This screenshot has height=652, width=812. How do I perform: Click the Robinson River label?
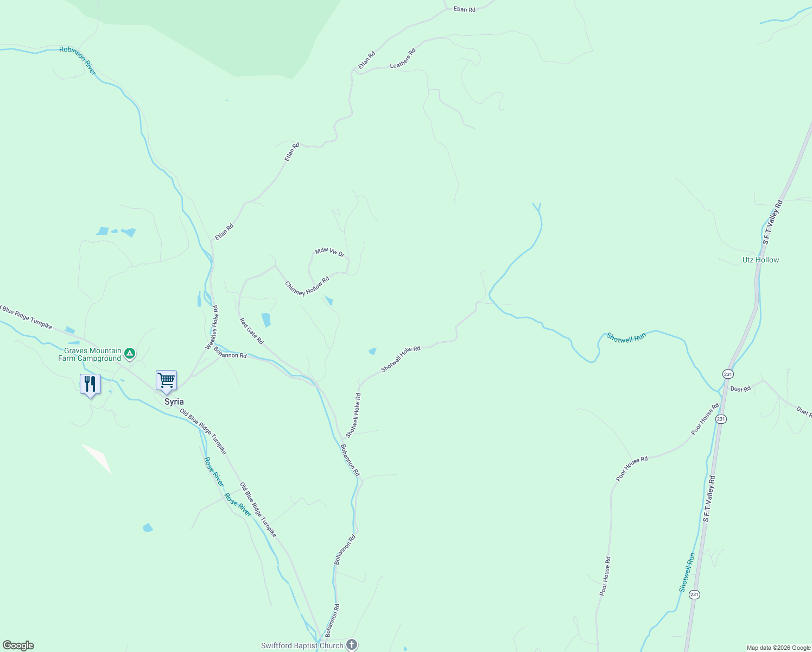tap(78, 60)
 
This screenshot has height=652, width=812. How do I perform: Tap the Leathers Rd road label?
tap(403, 59)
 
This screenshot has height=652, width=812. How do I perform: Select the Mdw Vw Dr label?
tap(330, 252)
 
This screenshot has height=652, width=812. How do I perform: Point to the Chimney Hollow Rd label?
tap(307, 286)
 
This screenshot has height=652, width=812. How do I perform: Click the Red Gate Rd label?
tap(251, 331)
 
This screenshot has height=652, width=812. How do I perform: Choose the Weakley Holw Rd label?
tap(212, 327)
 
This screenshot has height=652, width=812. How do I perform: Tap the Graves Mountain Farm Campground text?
tap(90, 355)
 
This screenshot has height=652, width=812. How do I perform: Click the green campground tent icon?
tap(129, 354)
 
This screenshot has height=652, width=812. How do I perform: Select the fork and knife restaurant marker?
tap(90, 384)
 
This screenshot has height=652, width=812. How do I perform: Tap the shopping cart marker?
tap(166, 380)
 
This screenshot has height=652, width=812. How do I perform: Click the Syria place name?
tap(174, 402)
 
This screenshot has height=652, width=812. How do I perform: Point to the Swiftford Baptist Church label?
tap(302, 645)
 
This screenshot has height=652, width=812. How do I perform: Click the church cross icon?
tap(352, 645)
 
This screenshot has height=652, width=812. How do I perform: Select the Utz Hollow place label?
tap(760, 260)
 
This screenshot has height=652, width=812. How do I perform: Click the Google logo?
tap(18, 645)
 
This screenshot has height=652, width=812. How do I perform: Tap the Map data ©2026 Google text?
tap(778, 648)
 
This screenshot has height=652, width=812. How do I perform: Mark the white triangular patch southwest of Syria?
tap(98, 457)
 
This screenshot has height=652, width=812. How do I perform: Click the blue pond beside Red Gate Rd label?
tap(266, 320)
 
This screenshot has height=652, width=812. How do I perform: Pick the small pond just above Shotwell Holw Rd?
tap(372, 352)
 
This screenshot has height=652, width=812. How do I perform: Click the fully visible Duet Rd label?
tap(740, 389)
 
